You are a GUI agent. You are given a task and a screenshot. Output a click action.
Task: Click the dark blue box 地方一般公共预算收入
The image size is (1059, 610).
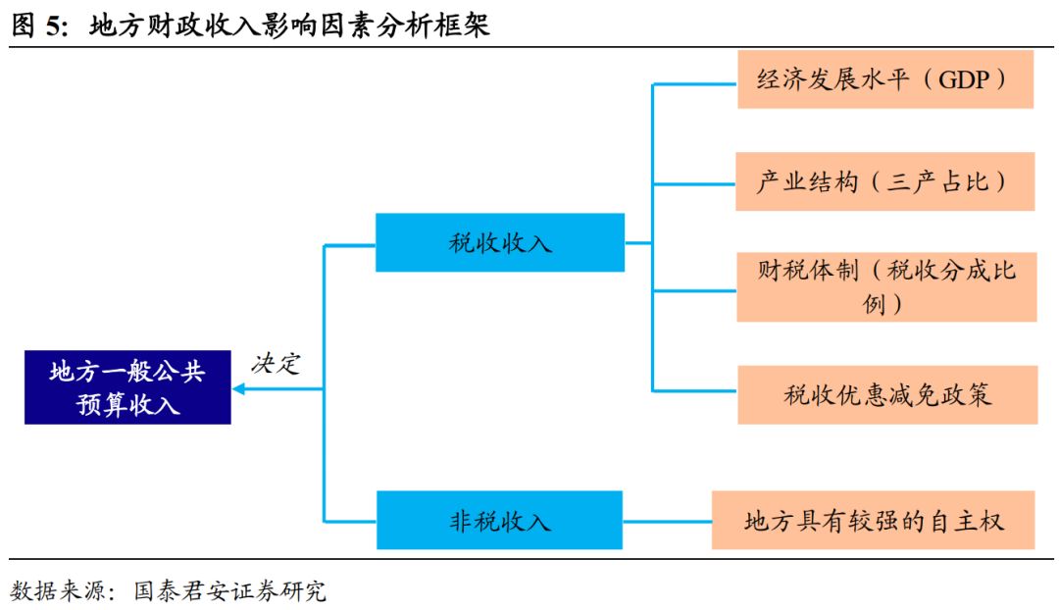point(127,387)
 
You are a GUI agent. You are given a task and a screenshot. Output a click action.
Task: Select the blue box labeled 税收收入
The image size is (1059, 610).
point(500,242)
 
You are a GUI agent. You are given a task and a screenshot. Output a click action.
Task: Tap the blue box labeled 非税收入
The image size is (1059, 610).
point(500,520)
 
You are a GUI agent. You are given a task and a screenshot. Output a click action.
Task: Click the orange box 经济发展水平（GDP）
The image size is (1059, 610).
point(885,80)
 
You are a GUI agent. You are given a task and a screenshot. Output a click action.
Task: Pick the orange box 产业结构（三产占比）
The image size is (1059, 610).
point(885,181)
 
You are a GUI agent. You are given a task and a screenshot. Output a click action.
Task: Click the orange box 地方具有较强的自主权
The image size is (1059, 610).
point(874,520)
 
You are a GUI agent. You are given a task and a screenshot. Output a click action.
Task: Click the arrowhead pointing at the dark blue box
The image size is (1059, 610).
point(239,389)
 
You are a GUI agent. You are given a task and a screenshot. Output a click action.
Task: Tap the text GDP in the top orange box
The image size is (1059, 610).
point(964,80)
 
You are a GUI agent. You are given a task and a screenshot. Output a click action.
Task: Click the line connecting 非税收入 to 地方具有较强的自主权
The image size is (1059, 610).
point(667,520)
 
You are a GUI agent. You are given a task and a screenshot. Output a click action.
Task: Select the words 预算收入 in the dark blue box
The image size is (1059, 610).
point(128,404)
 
